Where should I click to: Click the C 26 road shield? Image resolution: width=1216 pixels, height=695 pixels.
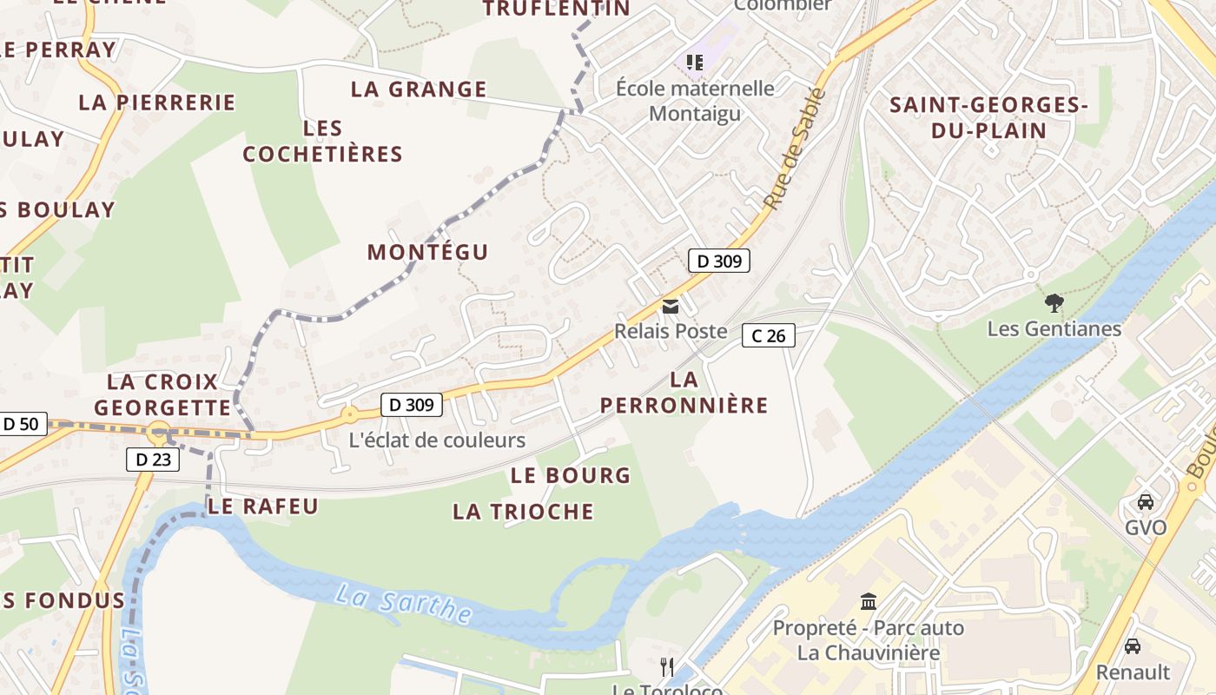[769, 335]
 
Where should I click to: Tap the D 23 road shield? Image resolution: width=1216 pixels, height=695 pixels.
[154, 460]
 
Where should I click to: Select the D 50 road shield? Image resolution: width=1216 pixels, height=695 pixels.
[21, 424]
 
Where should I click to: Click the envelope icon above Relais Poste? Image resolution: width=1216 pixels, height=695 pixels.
[671, 307]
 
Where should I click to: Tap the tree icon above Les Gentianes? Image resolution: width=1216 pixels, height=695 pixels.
[1054, 303]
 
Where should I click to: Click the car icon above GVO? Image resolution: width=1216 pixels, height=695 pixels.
[1146, 502]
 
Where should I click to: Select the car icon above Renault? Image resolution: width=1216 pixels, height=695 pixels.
[1133, 646]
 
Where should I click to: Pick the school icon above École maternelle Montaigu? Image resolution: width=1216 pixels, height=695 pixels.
[694, 63]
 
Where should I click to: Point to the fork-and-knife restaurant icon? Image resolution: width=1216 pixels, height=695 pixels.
[667, 666]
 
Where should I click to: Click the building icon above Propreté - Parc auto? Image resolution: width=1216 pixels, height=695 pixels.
[868, 601]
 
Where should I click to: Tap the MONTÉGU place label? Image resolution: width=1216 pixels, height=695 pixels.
[427, 252]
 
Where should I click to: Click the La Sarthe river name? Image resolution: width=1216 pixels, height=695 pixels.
[404, 605]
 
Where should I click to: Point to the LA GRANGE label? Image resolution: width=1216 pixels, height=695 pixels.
[419, 89]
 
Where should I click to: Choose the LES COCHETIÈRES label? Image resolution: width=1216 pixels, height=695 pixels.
[322, 142]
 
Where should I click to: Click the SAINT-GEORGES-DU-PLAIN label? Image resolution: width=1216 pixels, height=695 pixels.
[989, 118]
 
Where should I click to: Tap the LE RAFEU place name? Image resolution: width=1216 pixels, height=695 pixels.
[264, 506]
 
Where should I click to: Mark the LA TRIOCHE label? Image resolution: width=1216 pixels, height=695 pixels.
[523, 512]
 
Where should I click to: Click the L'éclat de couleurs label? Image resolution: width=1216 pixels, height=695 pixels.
[437, 440]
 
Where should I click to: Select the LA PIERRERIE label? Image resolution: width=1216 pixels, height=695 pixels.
[157, 103]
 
